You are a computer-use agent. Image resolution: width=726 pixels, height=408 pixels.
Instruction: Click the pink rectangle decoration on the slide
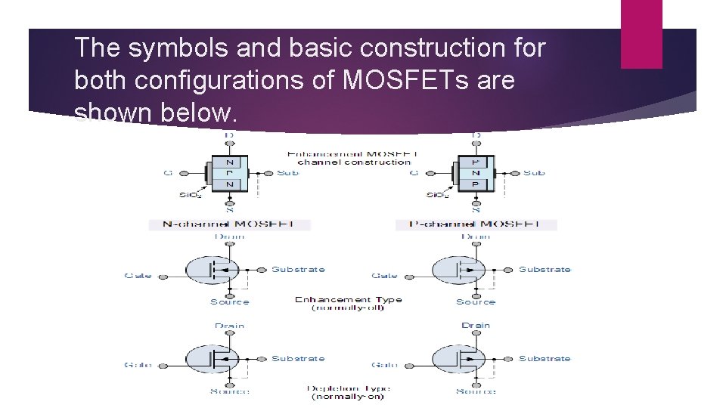point(641,34)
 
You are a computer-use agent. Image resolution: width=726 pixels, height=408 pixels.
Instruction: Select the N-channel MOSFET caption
point(230,224)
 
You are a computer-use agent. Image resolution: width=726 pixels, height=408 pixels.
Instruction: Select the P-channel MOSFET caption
point(476,224)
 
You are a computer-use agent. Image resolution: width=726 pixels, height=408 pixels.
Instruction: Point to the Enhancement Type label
point(349,299)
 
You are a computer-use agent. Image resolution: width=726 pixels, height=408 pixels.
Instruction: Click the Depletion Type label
point(349,388)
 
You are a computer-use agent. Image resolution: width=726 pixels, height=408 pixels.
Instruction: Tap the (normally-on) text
point(349,397)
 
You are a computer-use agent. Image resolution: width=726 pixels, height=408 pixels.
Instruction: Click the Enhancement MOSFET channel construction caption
point(353,158)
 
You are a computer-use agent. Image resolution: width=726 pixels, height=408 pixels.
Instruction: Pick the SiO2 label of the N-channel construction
point(190,196)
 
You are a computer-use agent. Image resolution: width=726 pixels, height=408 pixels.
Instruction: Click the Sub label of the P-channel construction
point(534,173)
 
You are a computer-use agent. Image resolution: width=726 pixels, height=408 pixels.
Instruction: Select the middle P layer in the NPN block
point(230,173)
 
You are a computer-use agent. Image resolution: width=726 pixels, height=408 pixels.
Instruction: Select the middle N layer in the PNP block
point(476,173)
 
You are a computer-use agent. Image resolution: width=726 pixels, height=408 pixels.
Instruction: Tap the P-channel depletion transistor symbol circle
point(458,359)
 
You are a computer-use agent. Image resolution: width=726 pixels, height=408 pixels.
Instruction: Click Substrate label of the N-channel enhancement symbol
point(298,270)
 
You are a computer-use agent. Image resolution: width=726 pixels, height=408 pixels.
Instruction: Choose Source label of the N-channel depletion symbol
point(230,391)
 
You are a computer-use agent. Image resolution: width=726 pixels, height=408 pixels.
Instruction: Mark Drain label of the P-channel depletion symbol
point(476,326)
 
